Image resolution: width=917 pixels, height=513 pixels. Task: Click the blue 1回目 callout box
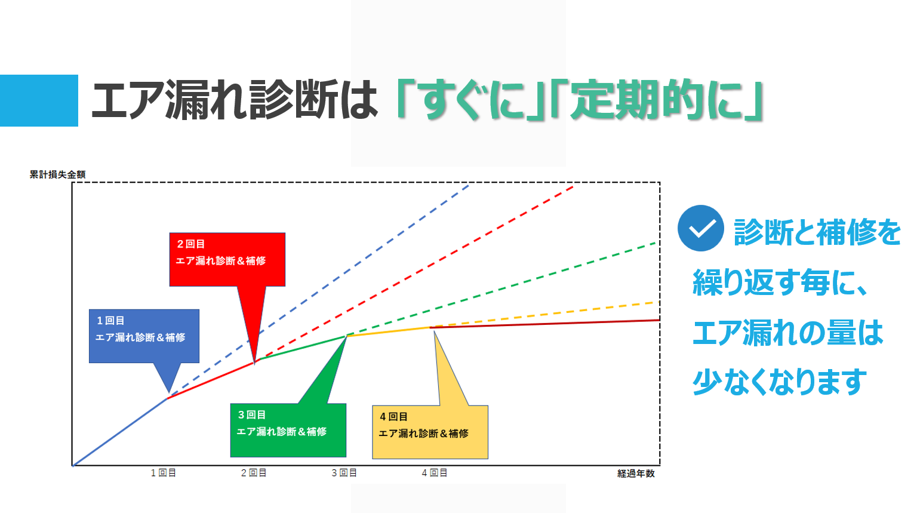[x=144, y=336]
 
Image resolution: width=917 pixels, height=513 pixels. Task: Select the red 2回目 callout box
[x=227, y=259]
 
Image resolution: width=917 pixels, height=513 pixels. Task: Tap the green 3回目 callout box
[x=288, y=430]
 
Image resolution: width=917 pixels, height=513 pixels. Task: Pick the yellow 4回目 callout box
[x=430, y=432]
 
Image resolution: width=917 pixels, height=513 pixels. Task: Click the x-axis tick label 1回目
[x=164, y=474]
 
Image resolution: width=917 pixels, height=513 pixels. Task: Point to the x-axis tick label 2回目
[x=254, y=474]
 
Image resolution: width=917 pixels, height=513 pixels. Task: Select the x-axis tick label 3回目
[x=344, y=474]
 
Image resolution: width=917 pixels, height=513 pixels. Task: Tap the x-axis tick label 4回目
[x=435, y=474]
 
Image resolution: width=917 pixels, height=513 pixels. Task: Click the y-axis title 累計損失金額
[x=57, y=174]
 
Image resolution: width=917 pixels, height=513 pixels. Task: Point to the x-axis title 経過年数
[x=636, y=474]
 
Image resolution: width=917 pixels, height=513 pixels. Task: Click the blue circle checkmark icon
[x=700, y=228]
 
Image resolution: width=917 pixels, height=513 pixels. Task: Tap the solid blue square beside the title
[x=39, y=100]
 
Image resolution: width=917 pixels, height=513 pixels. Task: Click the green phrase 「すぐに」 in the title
[x=470, y=100]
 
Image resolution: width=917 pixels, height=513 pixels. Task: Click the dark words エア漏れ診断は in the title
[x=234, y=100]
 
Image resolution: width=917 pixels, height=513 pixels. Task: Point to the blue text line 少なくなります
[x=780, y=382]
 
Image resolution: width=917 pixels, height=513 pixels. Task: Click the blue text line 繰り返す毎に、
[x=780, y=282]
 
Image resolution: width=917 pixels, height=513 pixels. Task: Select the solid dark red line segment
[x=545, y=324]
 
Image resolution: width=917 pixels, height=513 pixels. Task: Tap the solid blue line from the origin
[x=120, y=432]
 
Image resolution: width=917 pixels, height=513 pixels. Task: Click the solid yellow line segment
[x=389, y=331]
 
